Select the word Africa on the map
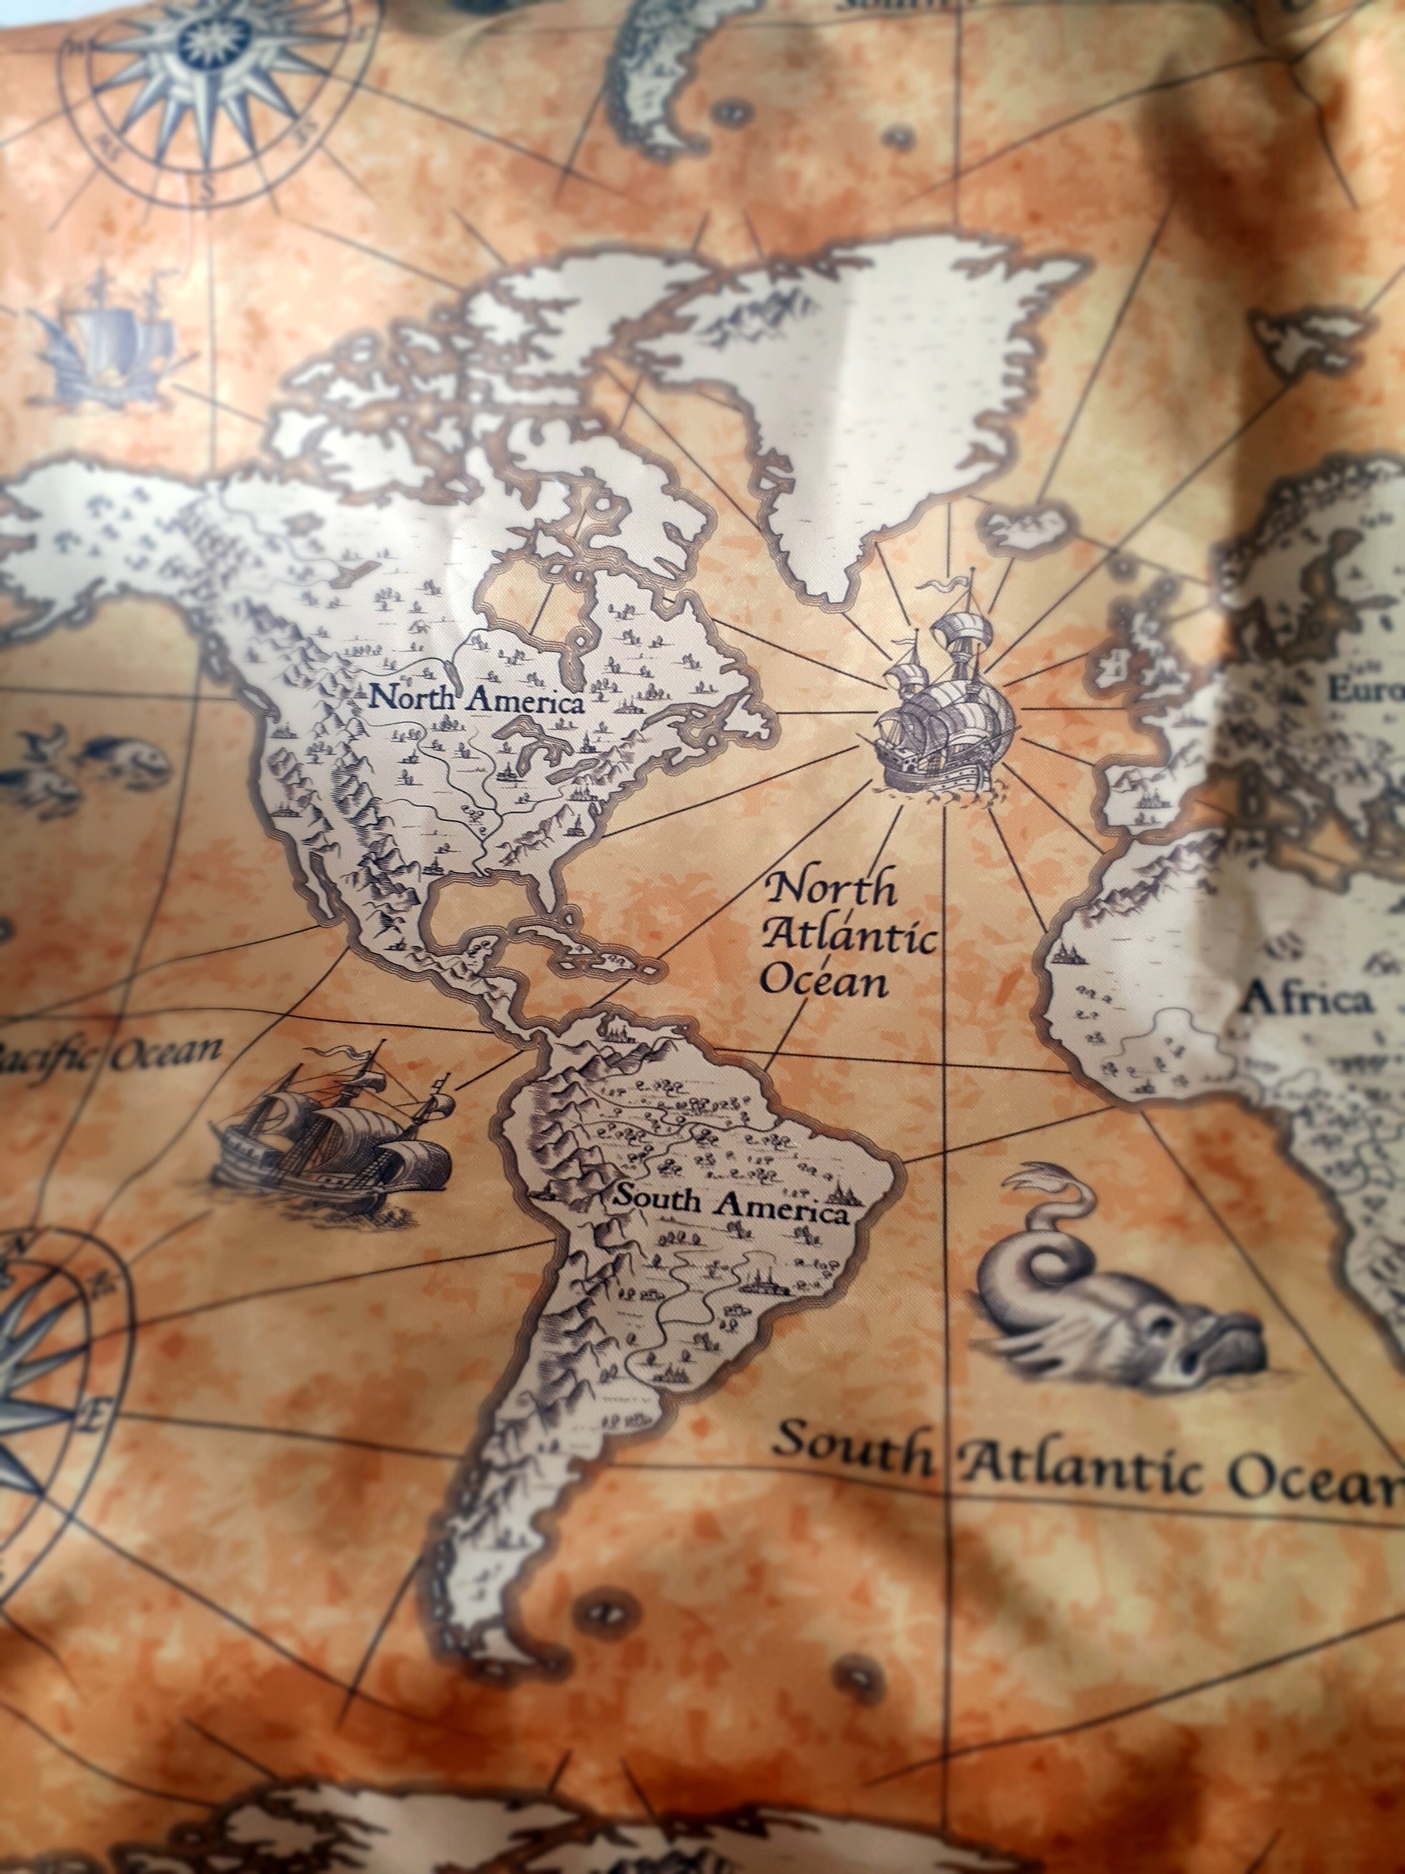(1305, 1001)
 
